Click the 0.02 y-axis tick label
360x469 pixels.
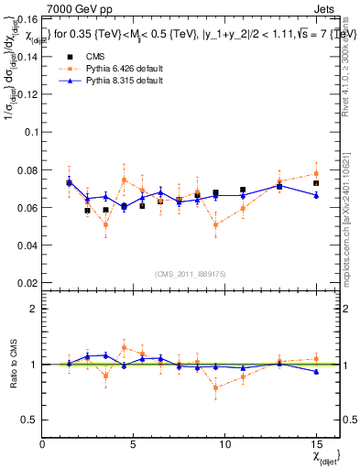27,284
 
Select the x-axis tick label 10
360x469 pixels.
224,444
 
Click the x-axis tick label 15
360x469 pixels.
316,444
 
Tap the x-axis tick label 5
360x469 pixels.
134,444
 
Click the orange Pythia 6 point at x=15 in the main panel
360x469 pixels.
316,173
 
